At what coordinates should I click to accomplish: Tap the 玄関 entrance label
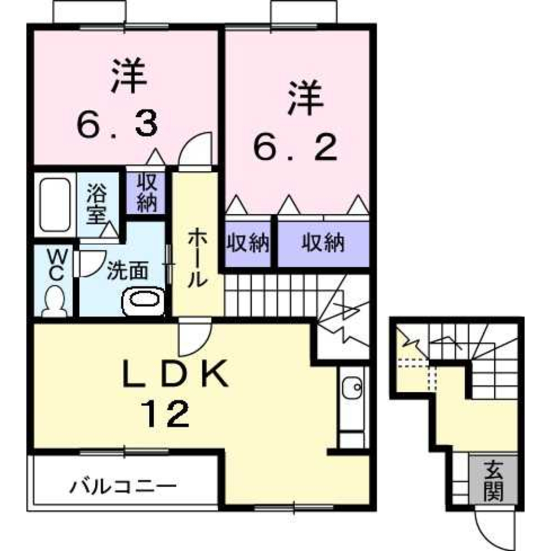(x=493, y=481)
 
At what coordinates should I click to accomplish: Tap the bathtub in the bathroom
(x=54, y=204)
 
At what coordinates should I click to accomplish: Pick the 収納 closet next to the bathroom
(x=147, y=192)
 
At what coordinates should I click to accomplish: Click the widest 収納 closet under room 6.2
(x=322, y=242)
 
